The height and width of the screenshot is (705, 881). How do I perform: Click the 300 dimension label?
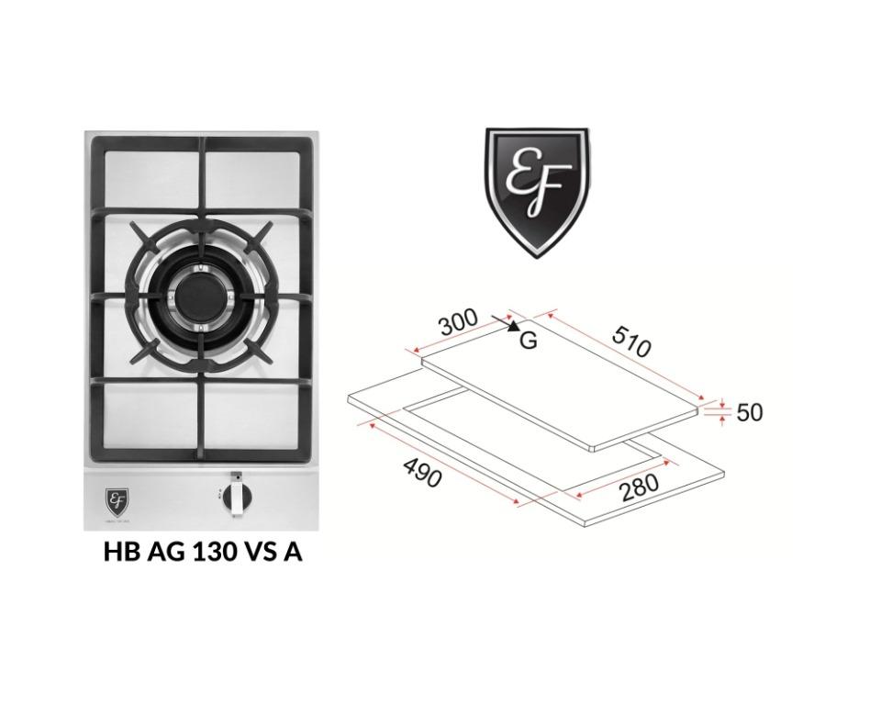458,323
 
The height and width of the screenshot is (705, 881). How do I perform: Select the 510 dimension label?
630,341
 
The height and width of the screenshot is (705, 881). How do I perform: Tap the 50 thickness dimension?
749,412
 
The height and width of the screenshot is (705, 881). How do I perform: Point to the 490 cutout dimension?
422,472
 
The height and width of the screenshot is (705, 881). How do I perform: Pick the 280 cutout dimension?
639,487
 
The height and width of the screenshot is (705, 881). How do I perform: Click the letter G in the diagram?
528,341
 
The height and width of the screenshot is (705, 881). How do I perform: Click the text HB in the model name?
117,553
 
